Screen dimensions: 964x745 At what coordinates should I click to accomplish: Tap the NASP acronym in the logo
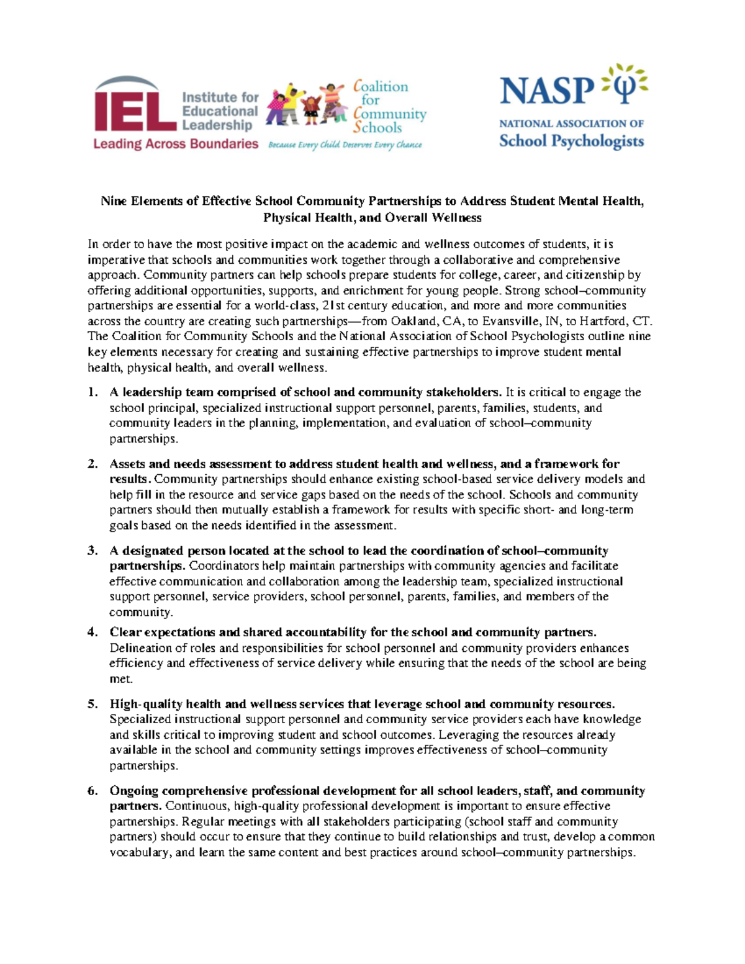(546, 91)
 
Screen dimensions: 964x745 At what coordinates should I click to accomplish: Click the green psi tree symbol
(623, 85)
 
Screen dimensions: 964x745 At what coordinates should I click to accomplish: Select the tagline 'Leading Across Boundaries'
(176, 144)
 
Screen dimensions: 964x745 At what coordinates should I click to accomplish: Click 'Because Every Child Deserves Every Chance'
(345, 145)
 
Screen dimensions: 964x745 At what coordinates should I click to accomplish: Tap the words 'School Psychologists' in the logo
(571, 141)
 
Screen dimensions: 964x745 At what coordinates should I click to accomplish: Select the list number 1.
(93, 392)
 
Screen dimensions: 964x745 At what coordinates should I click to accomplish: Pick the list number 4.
(93, 633)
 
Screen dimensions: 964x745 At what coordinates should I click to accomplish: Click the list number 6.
(93, 791)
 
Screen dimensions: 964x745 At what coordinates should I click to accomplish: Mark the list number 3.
(93, 551)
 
